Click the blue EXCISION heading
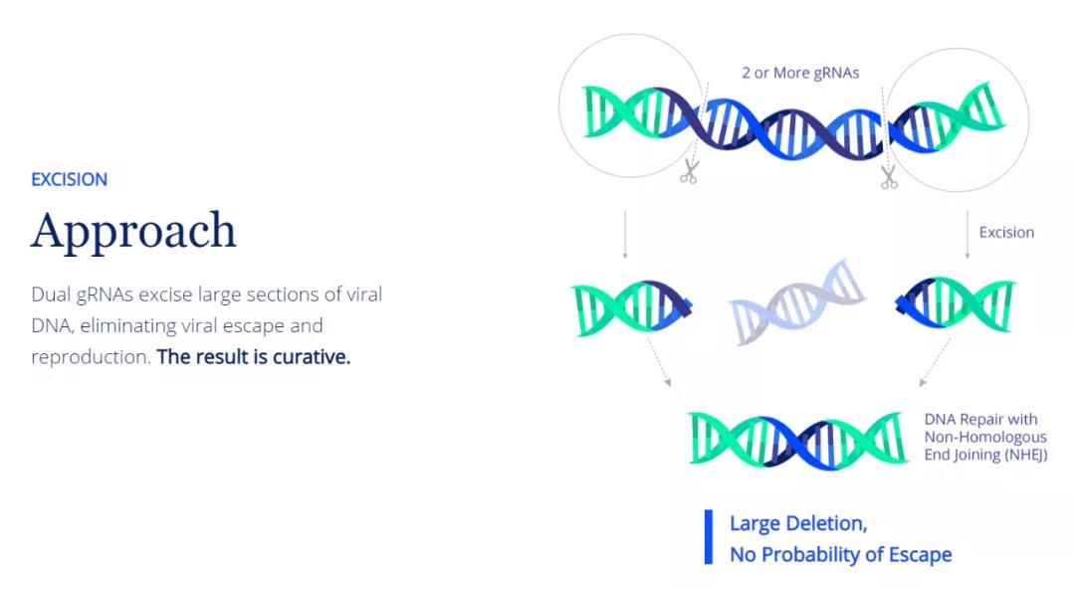(x=70, y=180)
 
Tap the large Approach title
(x=133, y=232)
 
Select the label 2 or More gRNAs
(x=800, y=73)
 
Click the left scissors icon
(x=689, y=171)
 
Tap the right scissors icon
(x=889, y=177)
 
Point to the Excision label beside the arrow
(x=1006, y=233)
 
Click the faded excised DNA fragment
(x=797, y=301)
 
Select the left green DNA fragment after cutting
(x=631, y=307)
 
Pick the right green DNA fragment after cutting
(x=955, y=303)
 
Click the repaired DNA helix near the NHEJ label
(x=798, y=441)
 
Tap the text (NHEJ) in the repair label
(x=1025, y=455)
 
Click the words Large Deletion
(x=798, y=523)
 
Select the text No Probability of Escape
(x=840, y=554)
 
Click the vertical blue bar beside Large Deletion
(x=709, y=537)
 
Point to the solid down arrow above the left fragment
(x=624, y=235)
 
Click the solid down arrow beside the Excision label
(x=967, y=235)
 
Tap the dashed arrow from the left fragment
(x=659, y=362)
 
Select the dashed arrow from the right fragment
(x=935, y=362)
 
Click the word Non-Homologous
(x=985, y=437)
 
